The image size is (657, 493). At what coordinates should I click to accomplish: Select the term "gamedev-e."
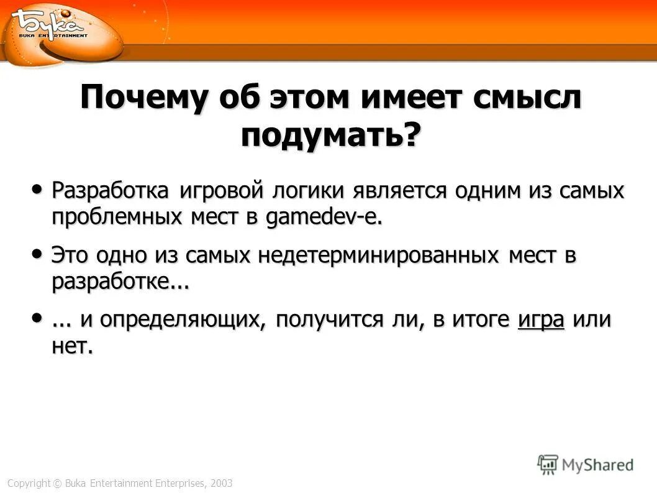[324, 218]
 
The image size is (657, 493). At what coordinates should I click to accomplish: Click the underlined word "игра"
[540, 320]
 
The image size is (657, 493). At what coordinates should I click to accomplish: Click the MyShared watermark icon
[548, 464]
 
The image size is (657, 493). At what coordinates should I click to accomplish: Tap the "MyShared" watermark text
[597, 465]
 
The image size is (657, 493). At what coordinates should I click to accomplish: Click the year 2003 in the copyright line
[221, 483]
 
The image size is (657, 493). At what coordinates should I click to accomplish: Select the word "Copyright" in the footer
[28, 483]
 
